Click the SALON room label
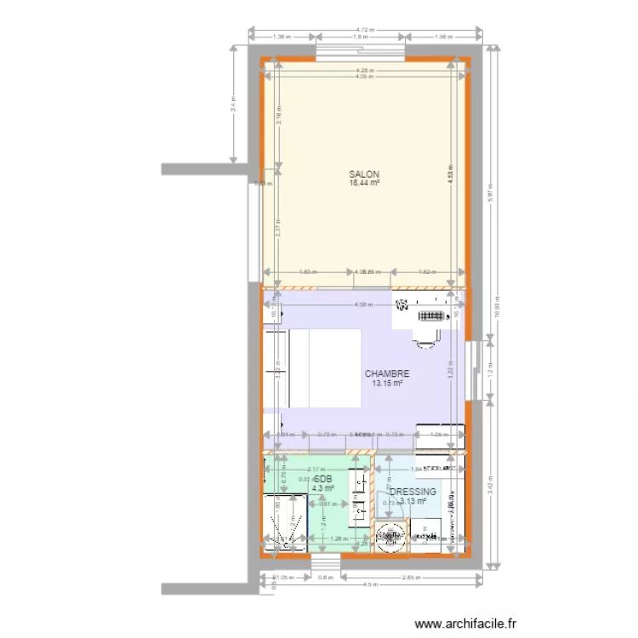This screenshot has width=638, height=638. (363, 174)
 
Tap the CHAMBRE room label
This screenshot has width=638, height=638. (387, 373)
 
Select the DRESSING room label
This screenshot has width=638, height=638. (413, 492)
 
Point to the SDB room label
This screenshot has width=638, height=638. (322, 479)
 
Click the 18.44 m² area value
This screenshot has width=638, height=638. (363, 182)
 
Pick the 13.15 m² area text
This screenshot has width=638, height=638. (387, 384)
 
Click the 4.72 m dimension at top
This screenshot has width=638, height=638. (367, 30)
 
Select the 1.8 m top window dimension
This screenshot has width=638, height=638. (360, 37)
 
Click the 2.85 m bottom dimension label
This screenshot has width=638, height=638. (411, 577)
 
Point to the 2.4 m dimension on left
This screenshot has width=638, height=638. (233, 105)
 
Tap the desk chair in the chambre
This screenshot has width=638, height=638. (423, 341)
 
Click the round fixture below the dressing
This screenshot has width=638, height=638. (390, 537)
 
